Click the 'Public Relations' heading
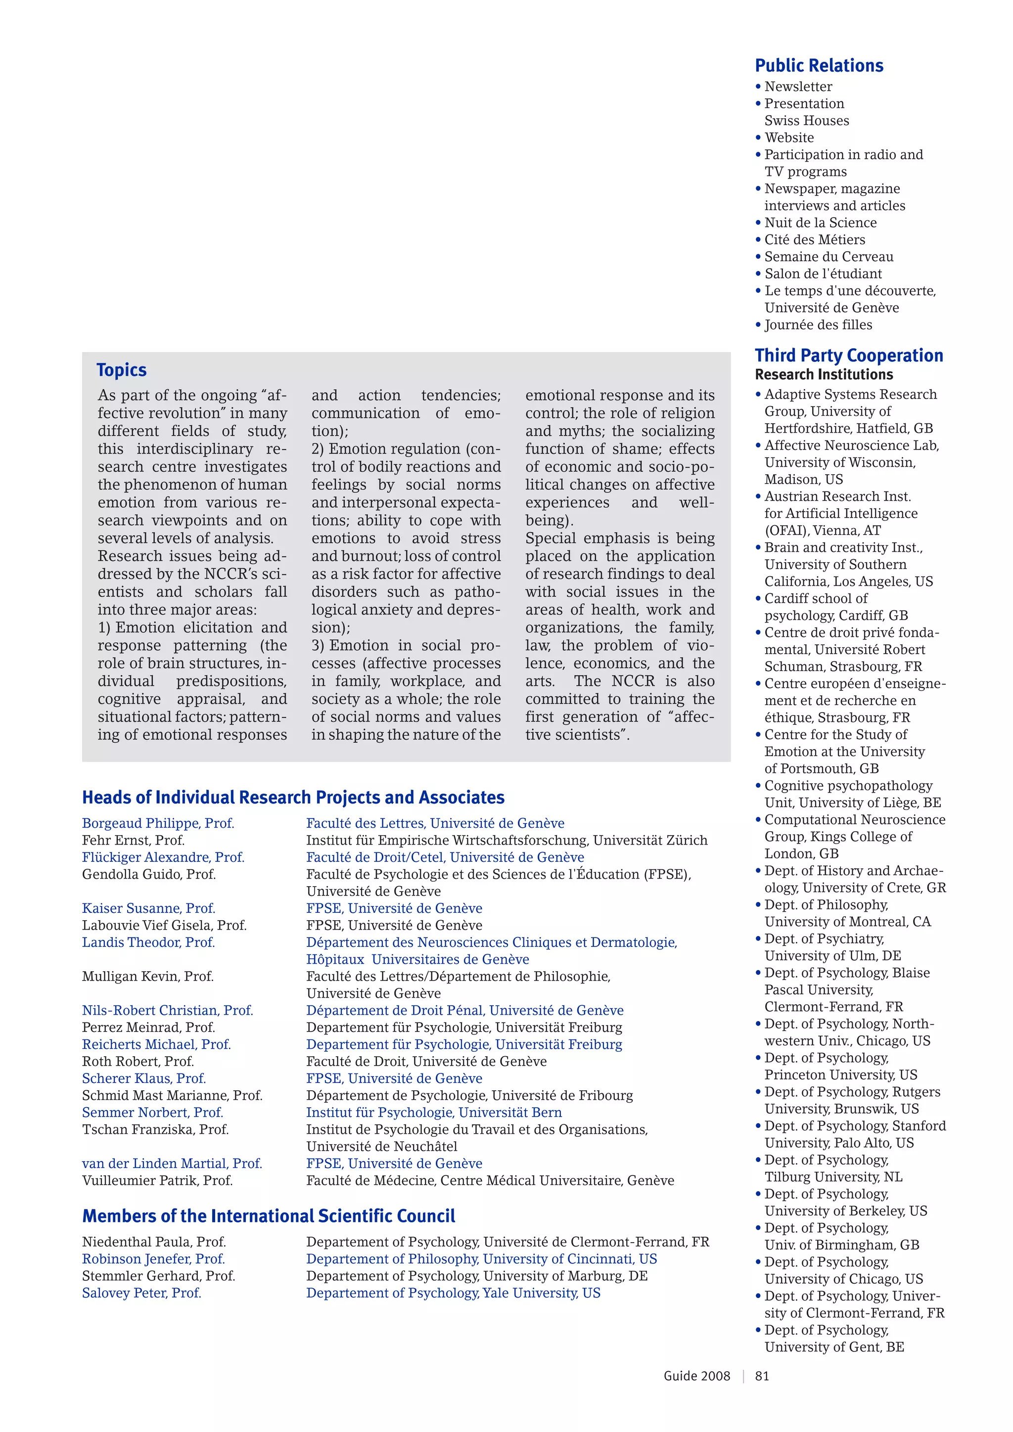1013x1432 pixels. (819, 65)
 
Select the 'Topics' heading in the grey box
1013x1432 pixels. (122, 370)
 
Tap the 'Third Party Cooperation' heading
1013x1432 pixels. (848, 356)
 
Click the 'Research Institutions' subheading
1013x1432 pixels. (824, 374)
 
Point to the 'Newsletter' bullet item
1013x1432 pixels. (798, 87)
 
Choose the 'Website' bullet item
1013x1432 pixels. (789, 138)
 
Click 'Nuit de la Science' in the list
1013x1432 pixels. (820, 223)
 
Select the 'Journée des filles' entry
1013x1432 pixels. (818, 325)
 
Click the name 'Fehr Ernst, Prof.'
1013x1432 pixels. (133, 840)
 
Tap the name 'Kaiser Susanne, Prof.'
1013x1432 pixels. (148, 908)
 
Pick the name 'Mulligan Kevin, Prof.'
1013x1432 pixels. (148, 976)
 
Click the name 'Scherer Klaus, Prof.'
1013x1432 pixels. (144, 1078)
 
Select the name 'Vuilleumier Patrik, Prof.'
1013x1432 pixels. (157, 1181)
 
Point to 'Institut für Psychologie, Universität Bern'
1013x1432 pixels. (433, 1113)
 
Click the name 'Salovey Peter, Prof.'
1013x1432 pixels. (141, 1293)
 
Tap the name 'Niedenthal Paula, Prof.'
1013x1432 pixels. (154, 1242)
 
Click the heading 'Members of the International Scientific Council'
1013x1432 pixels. (268, 1216)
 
